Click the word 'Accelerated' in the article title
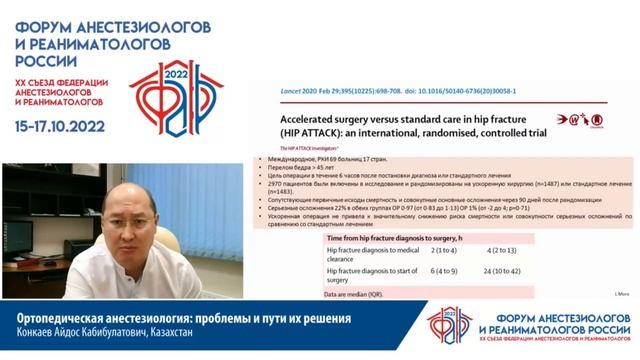(x=294, y=116)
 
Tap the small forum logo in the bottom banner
(x=452, y=325)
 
